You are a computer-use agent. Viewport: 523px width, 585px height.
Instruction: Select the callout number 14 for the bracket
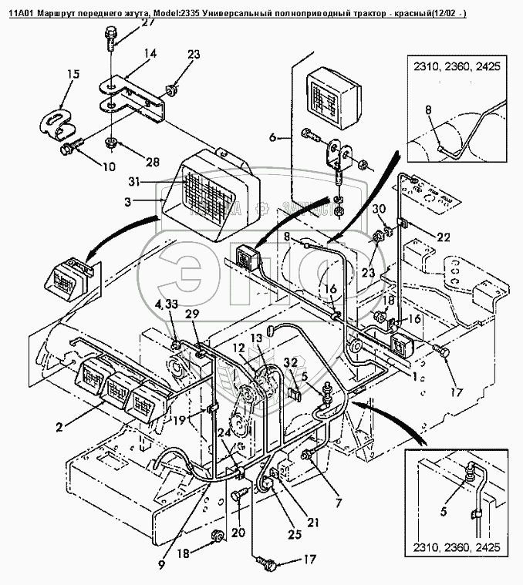[149, 53]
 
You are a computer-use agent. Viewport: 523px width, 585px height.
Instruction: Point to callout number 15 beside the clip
[73, 74]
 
